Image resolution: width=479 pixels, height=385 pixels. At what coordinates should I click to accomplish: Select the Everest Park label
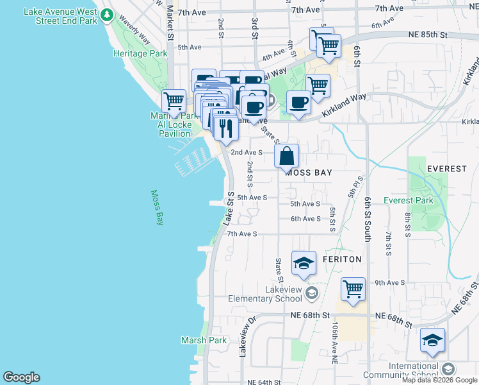[409, 200]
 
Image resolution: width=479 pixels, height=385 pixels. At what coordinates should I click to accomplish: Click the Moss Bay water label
[157, 207]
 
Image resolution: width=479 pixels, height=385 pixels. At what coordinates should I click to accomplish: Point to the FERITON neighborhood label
[342, 259]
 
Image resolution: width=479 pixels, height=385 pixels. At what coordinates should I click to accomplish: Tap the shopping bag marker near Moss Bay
[286, 155]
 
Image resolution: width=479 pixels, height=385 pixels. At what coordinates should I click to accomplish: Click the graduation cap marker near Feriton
[304, 262]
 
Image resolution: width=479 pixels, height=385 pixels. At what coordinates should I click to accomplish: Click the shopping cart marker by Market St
[174, 101]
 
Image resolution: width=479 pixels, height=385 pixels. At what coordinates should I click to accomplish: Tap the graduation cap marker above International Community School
[432, 339]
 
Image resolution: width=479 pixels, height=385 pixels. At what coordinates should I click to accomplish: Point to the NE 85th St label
[427, 35]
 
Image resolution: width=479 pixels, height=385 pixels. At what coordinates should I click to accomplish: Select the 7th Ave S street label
[242, 234]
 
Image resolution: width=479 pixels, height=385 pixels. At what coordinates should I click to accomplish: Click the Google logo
[21, 377]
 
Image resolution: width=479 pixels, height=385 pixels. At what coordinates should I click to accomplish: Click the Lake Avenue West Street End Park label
[61, 16]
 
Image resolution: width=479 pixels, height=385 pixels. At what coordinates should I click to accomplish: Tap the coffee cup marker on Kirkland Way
[298, 102]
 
